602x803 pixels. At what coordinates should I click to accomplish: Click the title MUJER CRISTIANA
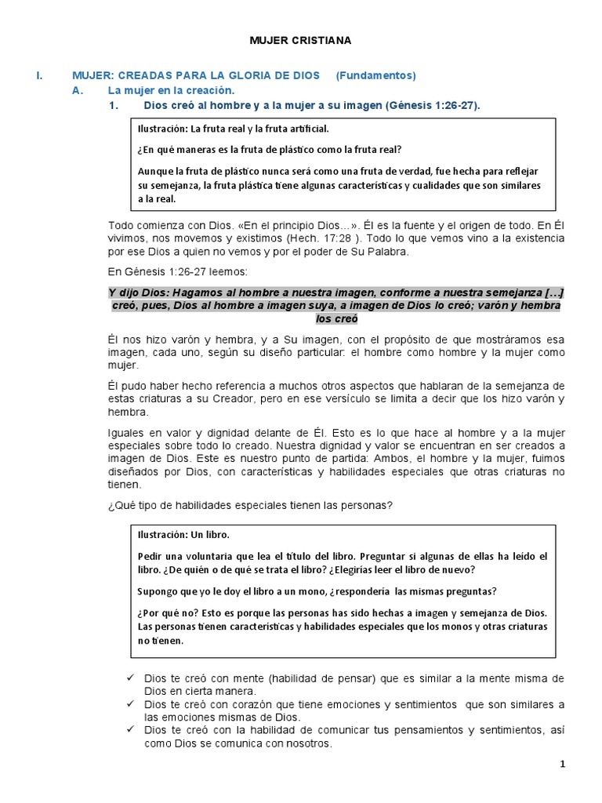click(302, 39)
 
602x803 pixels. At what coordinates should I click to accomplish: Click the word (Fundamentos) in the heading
click(375, 75)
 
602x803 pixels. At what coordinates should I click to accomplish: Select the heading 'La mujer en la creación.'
click(160, 90)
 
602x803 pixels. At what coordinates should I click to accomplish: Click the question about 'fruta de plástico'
click(271, 149)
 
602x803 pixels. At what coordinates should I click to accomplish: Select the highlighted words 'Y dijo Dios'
click(133, 293)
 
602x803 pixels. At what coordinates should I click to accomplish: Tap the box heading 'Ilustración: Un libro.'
click(183, 535)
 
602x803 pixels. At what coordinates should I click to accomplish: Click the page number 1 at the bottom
click(562, 765)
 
